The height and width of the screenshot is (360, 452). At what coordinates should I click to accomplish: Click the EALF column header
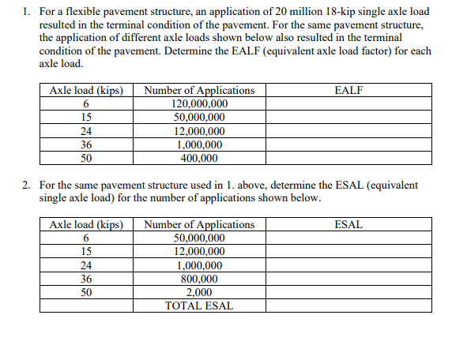[348, 90]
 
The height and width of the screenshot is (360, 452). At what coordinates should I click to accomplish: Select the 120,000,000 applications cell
[199, 104]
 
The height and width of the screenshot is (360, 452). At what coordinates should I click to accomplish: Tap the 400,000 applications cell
[199, 158]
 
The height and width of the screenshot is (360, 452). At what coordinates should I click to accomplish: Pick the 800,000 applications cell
[199, 278]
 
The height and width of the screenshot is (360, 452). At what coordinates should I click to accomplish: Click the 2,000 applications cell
[199, 292]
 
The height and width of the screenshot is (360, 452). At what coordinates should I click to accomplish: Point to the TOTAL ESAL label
[199, 306]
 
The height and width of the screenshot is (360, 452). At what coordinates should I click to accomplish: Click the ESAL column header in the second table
[348, 224]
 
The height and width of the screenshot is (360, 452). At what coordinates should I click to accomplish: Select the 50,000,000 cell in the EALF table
[199, 118]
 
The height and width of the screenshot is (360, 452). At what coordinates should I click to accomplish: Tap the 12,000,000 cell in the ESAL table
[199, 251]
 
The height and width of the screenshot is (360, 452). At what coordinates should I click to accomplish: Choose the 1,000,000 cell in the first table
[199, 144]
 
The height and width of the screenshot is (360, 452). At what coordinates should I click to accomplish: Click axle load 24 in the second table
[86, 264]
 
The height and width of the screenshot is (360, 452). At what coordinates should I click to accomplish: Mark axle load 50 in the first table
[86, 158]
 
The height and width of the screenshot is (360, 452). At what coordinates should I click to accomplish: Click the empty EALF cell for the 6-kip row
[348, 104]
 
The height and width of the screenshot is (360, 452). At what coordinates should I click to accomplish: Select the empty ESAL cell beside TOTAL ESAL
[348, 306]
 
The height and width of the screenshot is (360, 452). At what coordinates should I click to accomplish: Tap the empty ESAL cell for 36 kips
[348, 278]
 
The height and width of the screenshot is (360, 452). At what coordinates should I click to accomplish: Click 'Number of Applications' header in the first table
[199, 90]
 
